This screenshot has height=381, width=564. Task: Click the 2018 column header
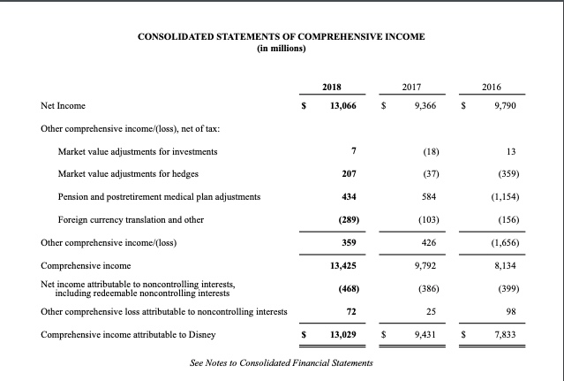[331, 87]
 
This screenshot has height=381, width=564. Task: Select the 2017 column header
[410, 87]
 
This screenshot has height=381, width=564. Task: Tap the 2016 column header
[492, 87]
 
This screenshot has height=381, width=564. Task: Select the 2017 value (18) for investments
[419, 151]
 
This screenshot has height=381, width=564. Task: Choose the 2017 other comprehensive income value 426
[421, 241]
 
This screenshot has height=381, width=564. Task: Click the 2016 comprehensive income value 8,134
[502, 264]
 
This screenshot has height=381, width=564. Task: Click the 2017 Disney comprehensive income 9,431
[417, 336]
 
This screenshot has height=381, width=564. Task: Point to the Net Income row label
[64, 105]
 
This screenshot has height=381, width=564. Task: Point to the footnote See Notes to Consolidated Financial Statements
[281, 363]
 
